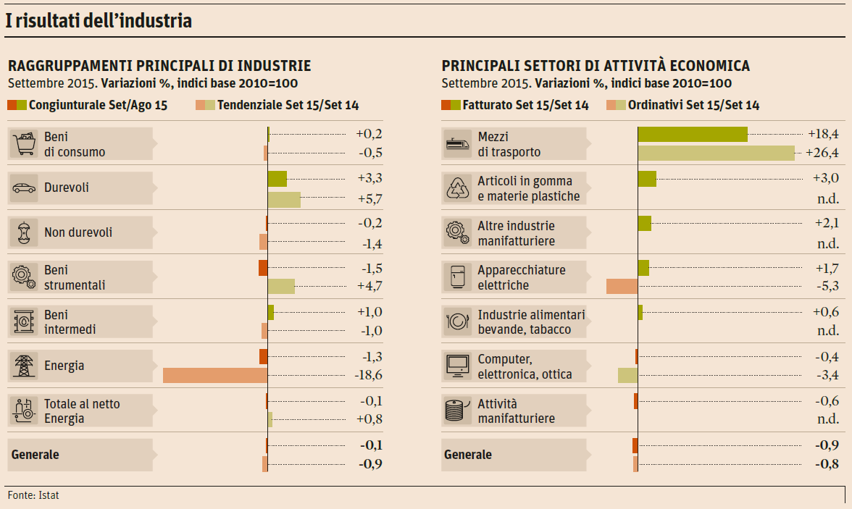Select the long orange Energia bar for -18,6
pyautogui.click(x=215, y=375)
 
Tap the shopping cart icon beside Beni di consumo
pyautogui.click(x=24, y=143)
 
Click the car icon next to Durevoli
pyautogui.click(x=24, y=188)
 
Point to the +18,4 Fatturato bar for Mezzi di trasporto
pyautogui.click(x=692, y=134)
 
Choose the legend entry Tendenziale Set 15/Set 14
pyautogui.click(x=278, y=105)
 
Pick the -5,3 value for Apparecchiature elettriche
pyautogui.click(x=827, y=286)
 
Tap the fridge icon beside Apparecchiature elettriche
pyautogui.click(x=458, y=277)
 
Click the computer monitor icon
pyautogui.click(x=458, y=366)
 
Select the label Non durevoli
pyautogui.click(x=78, y=232)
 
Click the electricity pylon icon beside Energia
pyautogui.click(x=24, y=366)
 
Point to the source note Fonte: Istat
pyautogui.click(x=34, y=495)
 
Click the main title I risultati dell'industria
pyautogui.click(x=99, y=21)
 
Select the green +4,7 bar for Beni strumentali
pyautogui.click(x=281, y=286)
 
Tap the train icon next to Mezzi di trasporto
pyautogui.click(x=458, y=143)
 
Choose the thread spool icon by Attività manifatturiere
pyautogui.click(x=458, y=411)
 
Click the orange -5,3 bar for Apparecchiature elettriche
pyautogui.click(x=622, y=286)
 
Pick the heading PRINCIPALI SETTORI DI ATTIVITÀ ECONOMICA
pyautogui.click(x=596, y=66)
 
